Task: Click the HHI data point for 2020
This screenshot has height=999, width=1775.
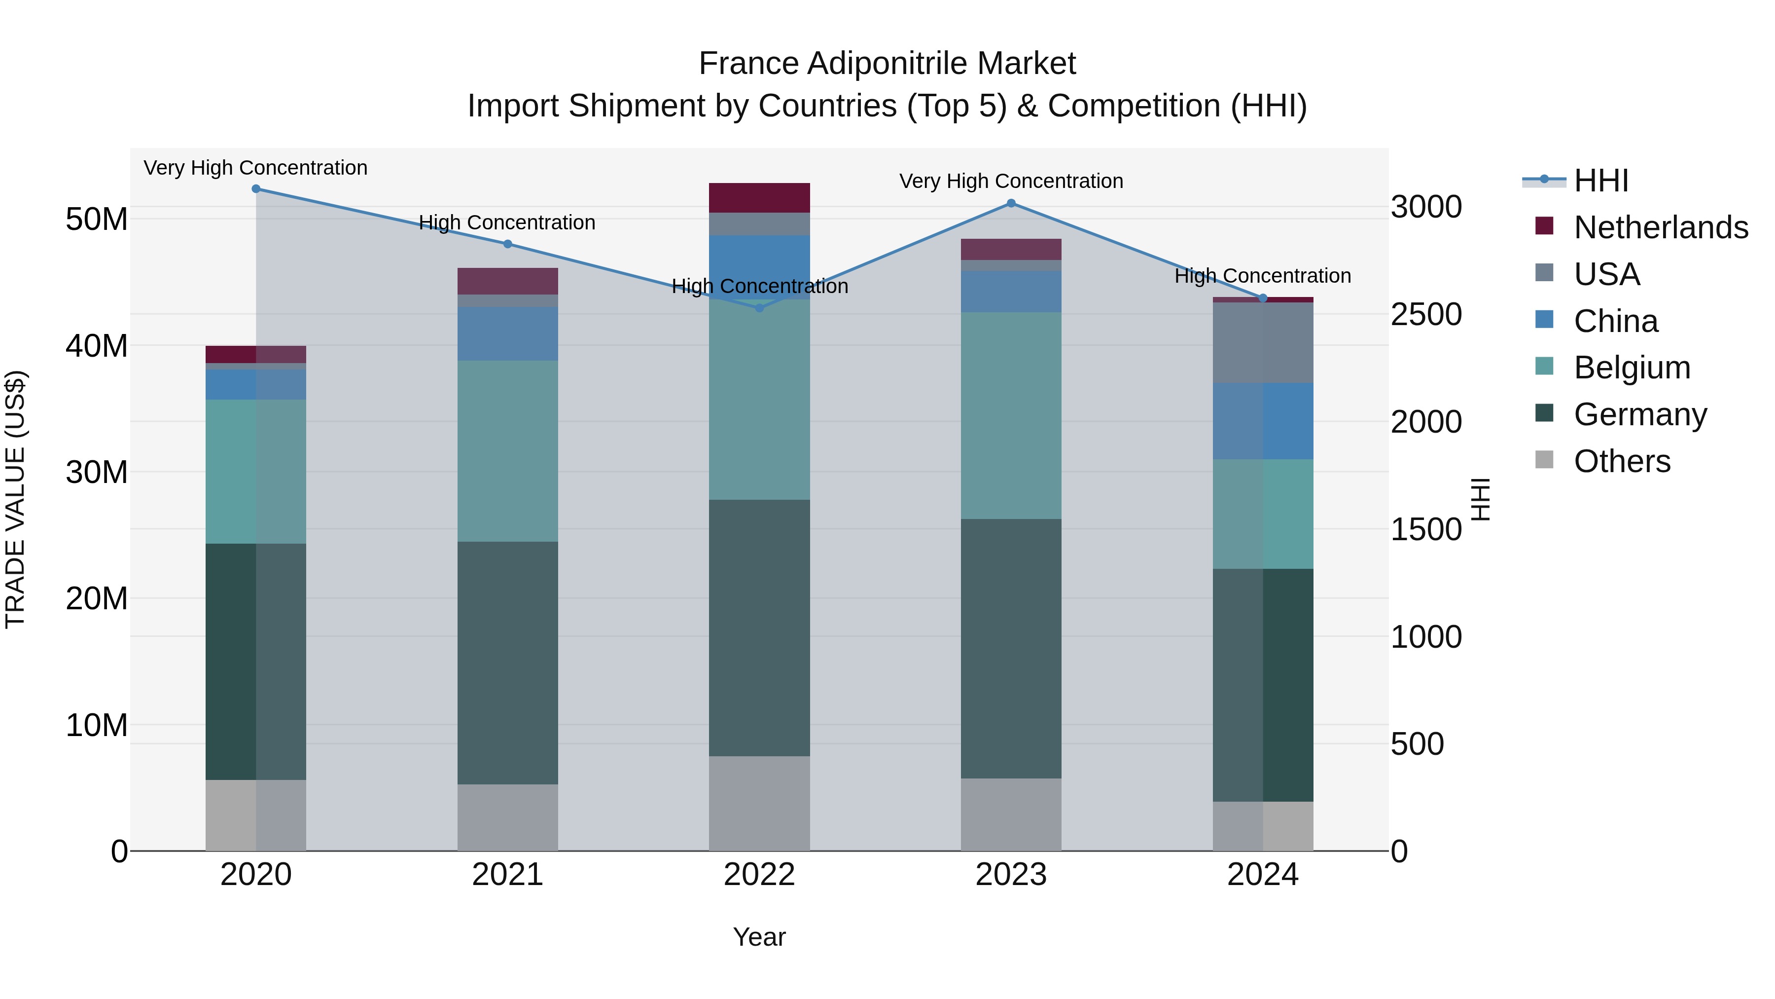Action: [255, 189]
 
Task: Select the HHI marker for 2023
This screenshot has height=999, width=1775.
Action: [1011, 203]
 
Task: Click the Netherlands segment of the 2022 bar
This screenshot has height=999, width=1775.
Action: [759, 198]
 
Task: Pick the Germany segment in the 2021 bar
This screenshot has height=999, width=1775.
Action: [508, 663]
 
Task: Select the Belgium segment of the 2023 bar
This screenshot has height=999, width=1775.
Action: [1011, 416]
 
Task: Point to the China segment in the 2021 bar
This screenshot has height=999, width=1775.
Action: [508, 333]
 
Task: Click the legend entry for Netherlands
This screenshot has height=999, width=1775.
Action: [1661, 227]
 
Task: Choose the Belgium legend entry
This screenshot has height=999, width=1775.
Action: [1632, 368]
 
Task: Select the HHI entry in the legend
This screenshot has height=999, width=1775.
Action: [1600, 181]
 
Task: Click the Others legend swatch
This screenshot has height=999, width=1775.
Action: [1544, 460]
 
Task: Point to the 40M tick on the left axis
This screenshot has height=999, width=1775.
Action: [97, 345]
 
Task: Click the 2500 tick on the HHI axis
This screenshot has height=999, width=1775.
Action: [1425, 314]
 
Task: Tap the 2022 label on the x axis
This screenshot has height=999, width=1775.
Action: [759, 875]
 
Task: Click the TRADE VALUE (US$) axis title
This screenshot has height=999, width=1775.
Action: [15, 499]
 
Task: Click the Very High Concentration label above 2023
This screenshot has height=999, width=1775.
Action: [1011, 182]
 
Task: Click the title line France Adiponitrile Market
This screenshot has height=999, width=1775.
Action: [887, 64]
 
